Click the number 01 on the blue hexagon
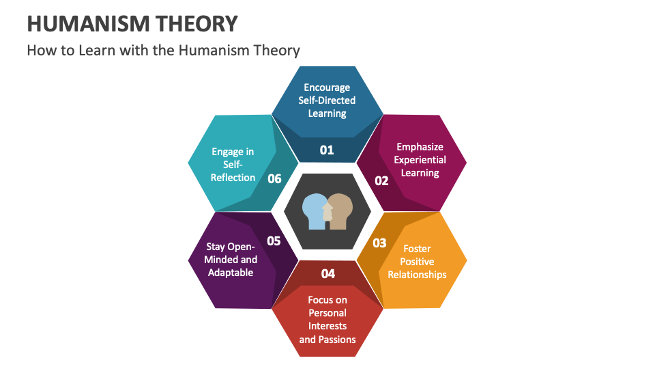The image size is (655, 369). point(327,150)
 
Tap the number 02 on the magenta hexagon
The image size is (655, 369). point(381,180)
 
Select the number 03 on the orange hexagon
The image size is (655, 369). point(379,243)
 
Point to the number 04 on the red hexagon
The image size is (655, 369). point(328,273)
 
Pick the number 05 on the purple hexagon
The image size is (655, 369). point(274,241)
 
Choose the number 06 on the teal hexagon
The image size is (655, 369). point(274,178)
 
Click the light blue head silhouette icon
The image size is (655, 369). point(315,210)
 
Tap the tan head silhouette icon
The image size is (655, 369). point(340,210)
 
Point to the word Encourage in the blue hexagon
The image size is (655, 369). point(327,87)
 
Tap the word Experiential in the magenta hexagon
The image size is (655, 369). point(420,160)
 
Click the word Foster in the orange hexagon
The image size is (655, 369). point(417,249)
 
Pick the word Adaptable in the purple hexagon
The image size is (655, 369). point(230,273)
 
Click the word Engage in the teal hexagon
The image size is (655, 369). point(227,152)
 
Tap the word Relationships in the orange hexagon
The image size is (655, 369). point(417,275)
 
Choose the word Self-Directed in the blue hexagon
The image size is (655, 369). point(327,100)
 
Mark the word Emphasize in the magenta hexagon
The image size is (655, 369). point(420,147)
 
